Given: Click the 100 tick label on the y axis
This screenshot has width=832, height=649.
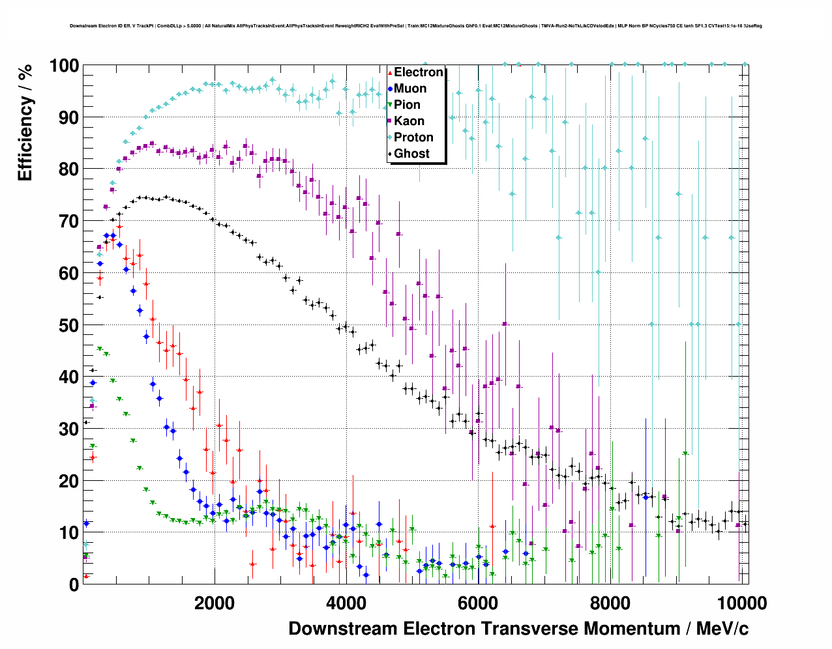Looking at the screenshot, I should click(x=64, y=66).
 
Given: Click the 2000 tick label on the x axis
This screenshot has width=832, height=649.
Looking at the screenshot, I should click(x=214, y=603).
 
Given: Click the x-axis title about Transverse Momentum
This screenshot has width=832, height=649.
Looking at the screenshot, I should click(x=518, y=629).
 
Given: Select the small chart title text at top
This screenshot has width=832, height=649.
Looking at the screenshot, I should click(x=416, y=26).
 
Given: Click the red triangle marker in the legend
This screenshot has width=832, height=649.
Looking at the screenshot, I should click(x=390, y=72).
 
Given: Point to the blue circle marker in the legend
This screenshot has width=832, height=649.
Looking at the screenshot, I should click(x=390, y=89).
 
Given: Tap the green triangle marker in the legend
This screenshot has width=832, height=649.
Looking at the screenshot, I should click(x=390, y=105).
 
